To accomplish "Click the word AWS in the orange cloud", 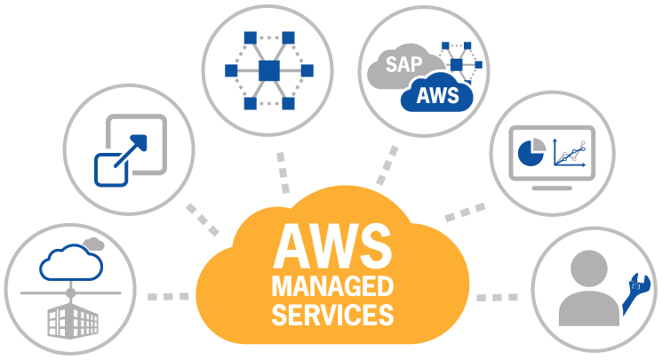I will click(331, 246).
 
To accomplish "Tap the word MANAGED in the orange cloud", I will click(331, 286).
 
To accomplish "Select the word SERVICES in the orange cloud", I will click(331, 314).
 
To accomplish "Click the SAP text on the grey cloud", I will click(404, 64).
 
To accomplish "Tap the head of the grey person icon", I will click(589, 268).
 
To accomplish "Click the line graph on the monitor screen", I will click(570, 152).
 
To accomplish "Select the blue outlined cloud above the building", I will click(68, 263).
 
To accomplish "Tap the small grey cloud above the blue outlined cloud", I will click(92, 242).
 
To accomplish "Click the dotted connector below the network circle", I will click(283, 172).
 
